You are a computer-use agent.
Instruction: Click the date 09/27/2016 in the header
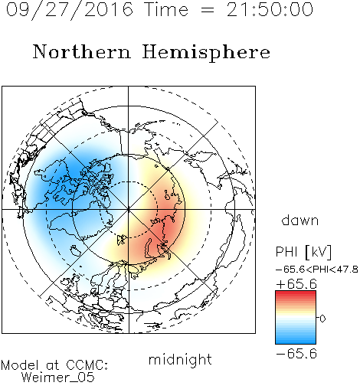coord(70,9)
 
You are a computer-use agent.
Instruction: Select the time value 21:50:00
coord(270,9)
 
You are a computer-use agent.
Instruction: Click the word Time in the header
coord(166,9)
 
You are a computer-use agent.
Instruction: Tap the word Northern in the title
coord(82,51)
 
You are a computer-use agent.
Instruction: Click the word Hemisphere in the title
coord(206,53)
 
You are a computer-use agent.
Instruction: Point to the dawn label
coord(300,221)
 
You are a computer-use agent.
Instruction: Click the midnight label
coord(180,359)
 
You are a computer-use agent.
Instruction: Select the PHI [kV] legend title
coord(303,252)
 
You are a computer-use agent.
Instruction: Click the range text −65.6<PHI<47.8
coord(316,270)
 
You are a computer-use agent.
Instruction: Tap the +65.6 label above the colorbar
coord(296,284)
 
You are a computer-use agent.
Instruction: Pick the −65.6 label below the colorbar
coord(296,354)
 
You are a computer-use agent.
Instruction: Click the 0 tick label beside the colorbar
coord(322,319)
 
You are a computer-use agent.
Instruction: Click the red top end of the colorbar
coord(296,293)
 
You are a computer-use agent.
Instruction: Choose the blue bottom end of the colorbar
coord(296,342)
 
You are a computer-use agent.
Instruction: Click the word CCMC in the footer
coord(86,365)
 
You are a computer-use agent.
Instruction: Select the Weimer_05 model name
coord(58,378)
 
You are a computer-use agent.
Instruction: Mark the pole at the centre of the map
coord(129,209)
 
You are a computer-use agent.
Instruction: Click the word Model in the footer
coord(21,365)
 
